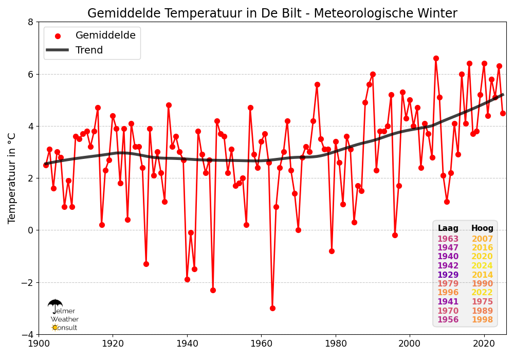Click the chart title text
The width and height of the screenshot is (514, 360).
272,13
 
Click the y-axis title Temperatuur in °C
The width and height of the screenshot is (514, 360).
11,178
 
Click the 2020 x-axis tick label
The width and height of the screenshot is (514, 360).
484,343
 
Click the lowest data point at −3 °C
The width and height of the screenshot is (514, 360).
272,308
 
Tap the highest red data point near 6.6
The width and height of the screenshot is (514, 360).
436,58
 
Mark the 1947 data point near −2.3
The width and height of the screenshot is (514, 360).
213,290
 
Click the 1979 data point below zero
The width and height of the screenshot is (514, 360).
332,251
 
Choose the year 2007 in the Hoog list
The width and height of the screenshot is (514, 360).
482,239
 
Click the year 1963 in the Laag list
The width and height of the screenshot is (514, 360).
448,239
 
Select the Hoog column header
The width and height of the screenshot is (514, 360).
482,228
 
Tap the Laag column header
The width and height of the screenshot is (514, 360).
448,228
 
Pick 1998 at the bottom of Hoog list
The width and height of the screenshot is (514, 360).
482,319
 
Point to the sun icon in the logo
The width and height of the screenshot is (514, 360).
54,327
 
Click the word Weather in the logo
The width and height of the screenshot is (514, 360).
65,319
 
